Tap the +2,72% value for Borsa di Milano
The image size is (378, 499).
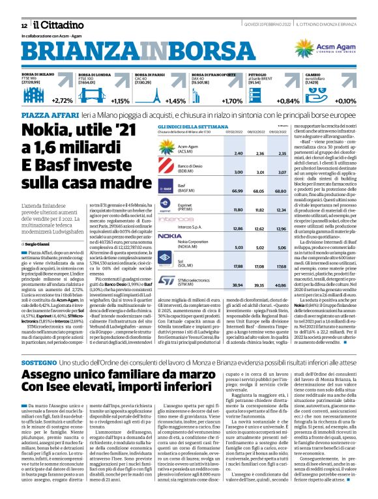pyautogui.click(x=63, y=101)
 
